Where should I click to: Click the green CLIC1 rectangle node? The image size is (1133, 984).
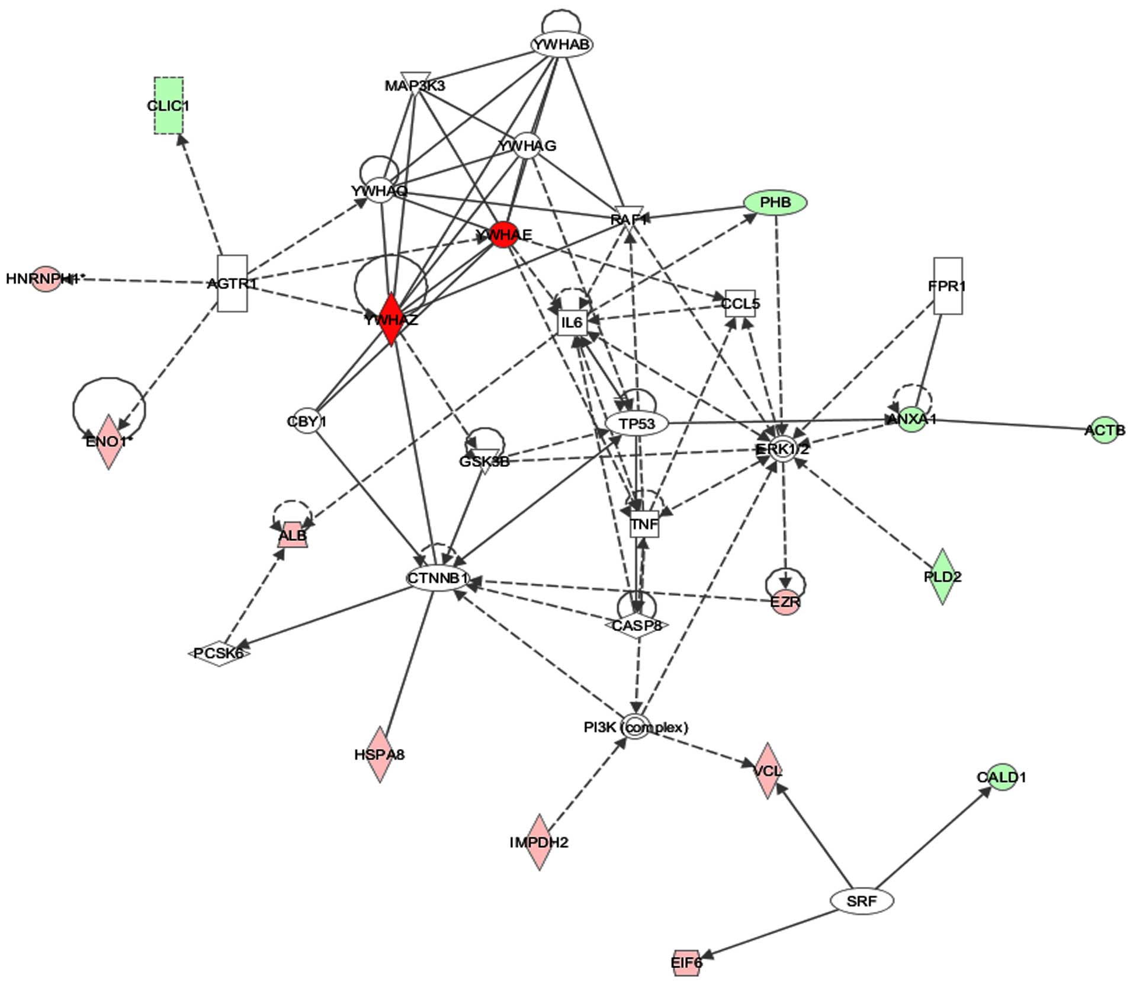(168, 105)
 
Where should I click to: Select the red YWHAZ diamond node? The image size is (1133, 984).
(391, 319)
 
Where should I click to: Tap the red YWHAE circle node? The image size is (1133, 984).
(503, 235)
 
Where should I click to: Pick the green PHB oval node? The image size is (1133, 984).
(775, 203)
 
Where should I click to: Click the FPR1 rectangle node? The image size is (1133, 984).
(948, 286)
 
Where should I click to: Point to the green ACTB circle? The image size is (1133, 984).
(1105, 430)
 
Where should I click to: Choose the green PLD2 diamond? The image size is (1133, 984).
(942, 576)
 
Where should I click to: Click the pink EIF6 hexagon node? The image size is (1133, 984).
(686, 963)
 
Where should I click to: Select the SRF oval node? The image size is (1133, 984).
(861, 901)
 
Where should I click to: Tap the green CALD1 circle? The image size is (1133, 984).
(1001, 776)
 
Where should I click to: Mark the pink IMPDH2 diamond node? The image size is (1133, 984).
(539, 842)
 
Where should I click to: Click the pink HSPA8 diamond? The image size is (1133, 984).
(379, 754)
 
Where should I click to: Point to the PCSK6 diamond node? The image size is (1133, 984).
(219, 653)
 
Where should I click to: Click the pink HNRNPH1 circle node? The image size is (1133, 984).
(46, 278)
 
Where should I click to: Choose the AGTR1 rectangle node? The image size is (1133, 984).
(232, 283)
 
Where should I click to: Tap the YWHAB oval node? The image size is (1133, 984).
(561, 44)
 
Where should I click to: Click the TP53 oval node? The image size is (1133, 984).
(637, 424)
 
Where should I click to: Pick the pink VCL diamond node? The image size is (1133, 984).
(768, 770)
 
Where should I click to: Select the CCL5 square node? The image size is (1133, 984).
(740, 303)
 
